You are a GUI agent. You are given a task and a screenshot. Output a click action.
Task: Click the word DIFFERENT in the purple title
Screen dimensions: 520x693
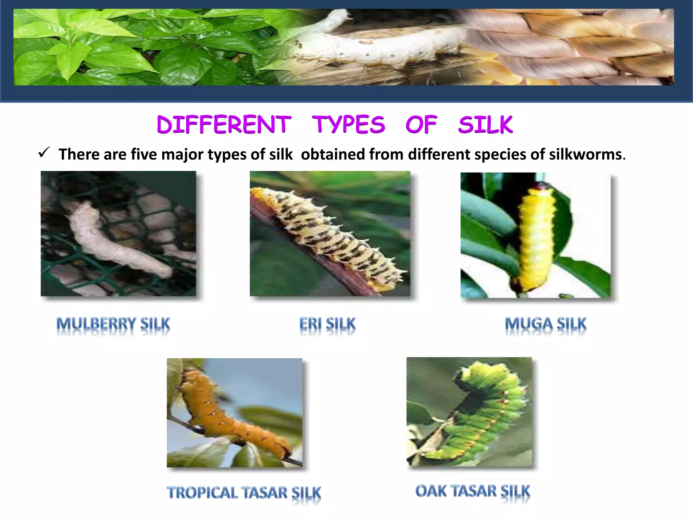(224, 124)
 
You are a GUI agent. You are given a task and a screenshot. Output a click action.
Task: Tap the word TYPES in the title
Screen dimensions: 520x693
(348, 124)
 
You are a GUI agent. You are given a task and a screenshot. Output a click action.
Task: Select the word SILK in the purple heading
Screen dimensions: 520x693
(486, 124)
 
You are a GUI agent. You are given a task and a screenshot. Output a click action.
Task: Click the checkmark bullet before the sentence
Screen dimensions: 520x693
(44, 153)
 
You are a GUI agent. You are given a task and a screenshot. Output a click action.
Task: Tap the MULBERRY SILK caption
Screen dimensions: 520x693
(113, 324)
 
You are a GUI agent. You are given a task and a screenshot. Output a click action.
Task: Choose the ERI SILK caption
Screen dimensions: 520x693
(328, 324)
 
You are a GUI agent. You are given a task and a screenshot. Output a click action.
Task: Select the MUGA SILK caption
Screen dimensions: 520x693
(545, 324)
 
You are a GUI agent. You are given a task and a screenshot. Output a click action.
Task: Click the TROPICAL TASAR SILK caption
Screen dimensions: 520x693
(244, 493)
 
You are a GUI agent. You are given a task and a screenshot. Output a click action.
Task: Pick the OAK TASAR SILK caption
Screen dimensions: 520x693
(473, 491)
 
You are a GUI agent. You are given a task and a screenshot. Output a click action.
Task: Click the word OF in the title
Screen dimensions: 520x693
(421, 124)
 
